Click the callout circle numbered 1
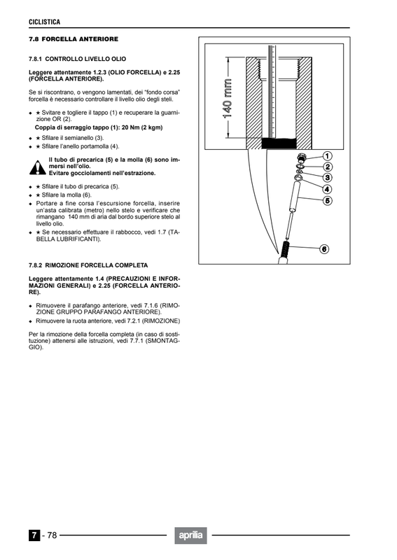(x=327, y=156)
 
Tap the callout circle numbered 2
(x=328, y=167)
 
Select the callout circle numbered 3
(x=327, y=178)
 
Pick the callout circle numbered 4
(x=327, y=189)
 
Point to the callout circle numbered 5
(x=327, y=201)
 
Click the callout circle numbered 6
(x=323, y=249)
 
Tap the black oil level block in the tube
(x=279, y=143)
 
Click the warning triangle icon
(x=38, y=168)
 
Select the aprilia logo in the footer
(x=191, y=535)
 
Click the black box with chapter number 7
(x=34, y=535)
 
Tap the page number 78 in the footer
(x=53, y=535)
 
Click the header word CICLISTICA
(x=45, y=22)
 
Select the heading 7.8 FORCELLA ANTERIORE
(x=74, y=39)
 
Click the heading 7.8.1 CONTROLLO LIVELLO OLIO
(x=78, y=59)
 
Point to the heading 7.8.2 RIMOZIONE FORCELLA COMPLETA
(x=88, y=265)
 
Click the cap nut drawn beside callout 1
(x=302, y=157)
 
